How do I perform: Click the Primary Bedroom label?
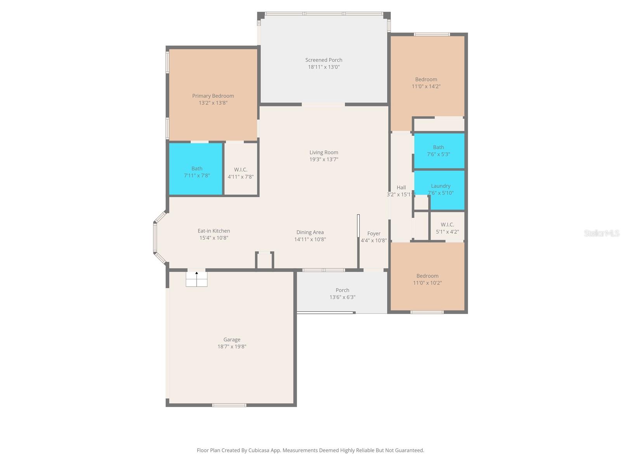coord(213,96)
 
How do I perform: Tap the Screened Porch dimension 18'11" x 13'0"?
coord(324,67)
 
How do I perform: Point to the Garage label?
coord(232,339)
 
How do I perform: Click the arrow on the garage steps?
coord(197,274)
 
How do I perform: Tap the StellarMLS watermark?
coord(601,233)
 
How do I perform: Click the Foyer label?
coord(374,233)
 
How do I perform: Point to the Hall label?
coord(401,188)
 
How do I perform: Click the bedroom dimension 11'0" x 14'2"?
coord(426,86)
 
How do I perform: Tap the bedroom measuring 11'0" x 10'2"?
coord(427,279)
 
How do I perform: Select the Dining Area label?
coord(310,232)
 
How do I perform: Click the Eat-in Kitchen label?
coord(214,231)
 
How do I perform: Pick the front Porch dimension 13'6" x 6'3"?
coord(342,297)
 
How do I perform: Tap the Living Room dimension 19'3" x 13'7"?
coord(324,159)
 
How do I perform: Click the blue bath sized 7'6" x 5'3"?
coord(439,151)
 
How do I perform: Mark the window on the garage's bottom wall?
coord(229,405)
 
